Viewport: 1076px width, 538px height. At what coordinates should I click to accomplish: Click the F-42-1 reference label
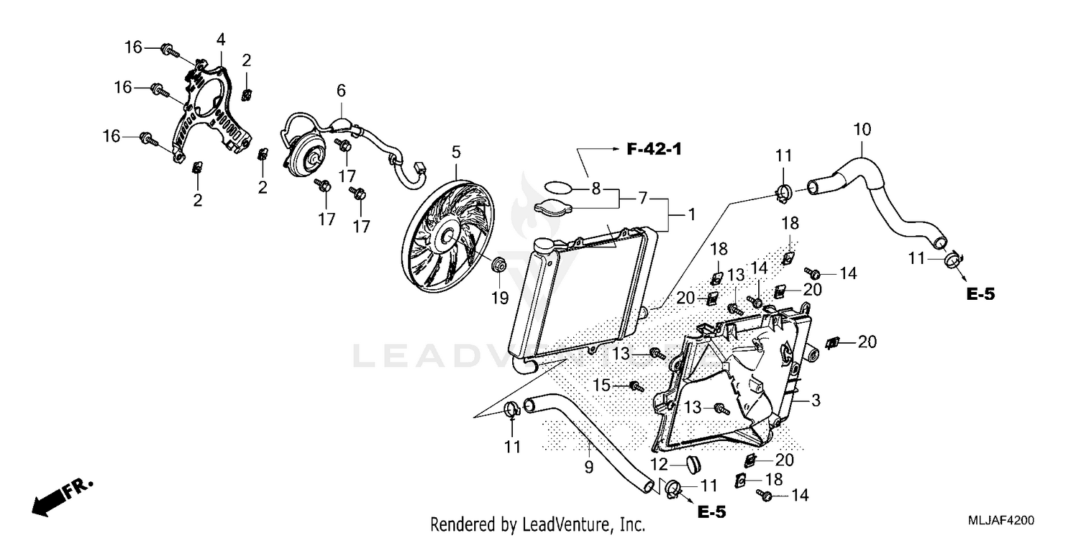[x=653, y=149]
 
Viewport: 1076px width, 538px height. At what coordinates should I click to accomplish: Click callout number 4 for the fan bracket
[x=220, y=37]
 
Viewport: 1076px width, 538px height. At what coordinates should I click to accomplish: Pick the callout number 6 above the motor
[x=341, y=90]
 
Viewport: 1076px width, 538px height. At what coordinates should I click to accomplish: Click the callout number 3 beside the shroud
[x=816, y=400]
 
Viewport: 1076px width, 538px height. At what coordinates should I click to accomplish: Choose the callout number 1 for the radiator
[x=692, y=214]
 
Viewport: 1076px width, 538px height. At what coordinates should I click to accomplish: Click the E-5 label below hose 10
[x=980, y=293]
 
